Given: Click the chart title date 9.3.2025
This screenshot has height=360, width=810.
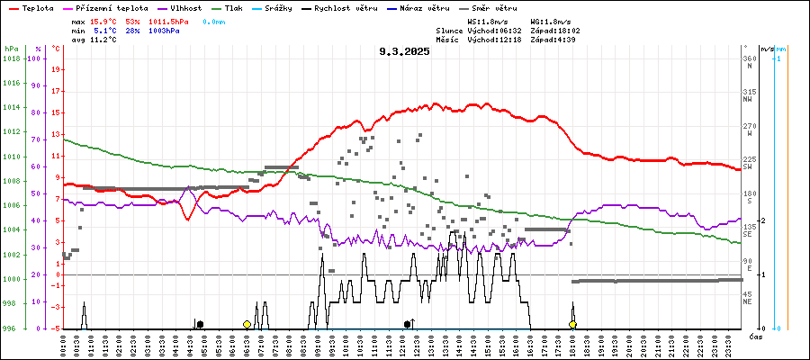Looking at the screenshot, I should (x=404, y=51).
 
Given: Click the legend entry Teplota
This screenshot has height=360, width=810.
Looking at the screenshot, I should (x=37, y=7).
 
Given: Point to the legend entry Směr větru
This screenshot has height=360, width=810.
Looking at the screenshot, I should (x=494, y=7).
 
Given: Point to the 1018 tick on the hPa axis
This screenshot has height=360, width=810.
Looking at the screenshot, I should (x=11, y=58).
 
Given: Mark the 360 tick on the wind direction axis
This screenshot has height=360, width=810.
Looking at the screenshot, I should (x=749, y=58).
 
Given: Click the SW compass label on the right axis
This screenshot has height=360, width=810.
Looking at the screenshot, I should (x=748, y=166).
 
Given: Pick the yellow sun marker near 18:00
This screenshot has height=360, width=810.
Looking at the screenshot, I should (x=572, y=324).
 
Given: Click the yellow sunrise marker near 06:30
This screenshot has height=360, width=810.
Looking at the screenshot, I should (x=247, y=324).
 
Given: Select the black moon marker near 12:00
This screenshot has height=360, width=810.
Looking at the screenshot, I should (x=408, y=324).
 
